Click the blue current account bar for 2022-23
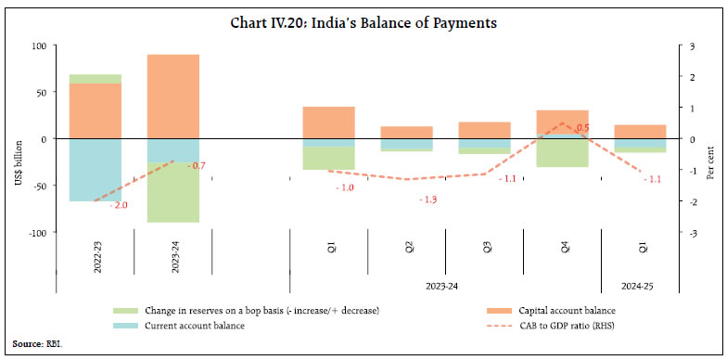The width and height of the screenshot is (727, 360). (x=95, y=170)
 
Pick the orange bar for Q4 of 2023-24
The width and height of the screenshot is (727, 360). (x=562, y=122)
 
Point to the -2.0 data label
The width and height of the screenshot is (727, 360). (x=119, y=204)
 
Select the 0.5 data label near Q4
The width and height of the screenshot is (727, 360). (x=582, y=128)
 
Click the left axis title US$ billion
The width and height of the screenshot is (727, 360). (x=18, y=161)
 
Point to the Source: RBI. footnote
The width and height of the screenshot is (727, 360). (x=36, y=343)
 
